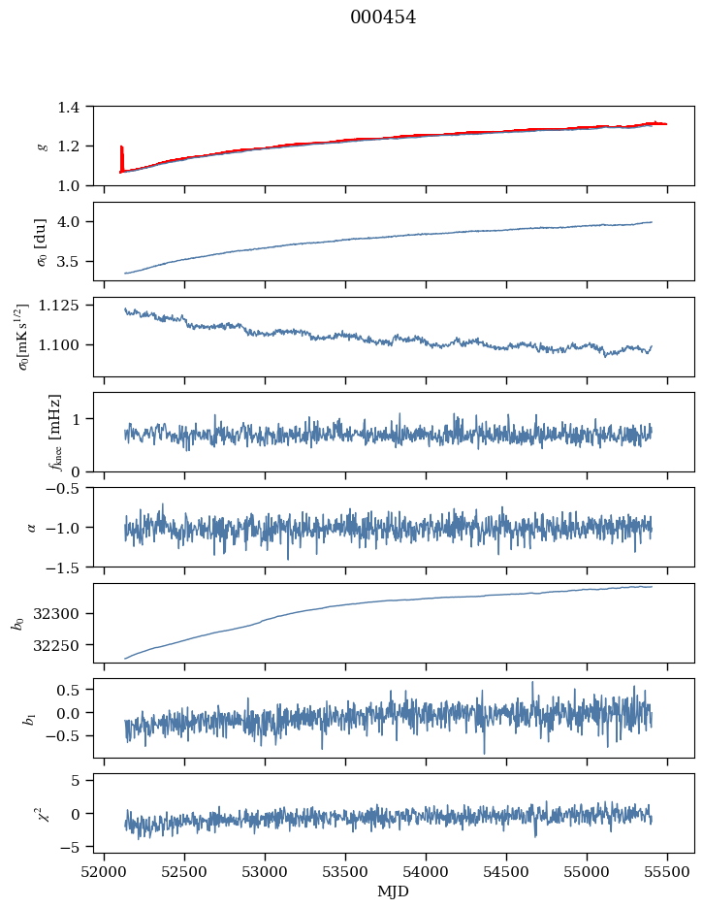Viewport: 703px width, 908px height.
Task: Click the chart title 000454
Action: (x=383, y=17)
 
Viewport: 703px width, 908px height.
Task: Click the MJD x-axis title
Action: (x=394, y=892)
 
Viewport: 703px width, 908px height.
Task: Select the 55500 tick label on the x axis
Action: (x=666, y=870)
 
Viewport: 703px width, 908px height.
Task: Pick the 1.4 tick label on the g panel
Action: (x=74, y=107)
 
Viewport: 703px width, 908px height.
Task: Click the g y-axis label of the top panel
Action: (x=42, y=146)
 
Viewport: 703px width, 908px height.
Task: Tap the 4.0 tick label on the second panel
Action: (x=74, y=222)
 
